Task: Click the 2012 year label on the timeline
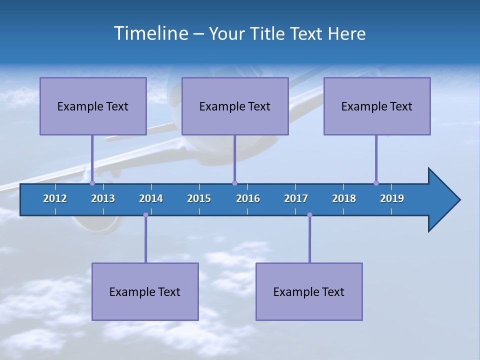[x=55, y=198]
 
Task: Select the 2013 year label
[x=103, y=198]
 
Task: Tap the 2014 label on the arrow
[x=151, y=198]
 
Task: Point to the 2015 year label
[x=199, y=198]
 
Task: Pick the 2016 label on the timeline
[x=248, y=198]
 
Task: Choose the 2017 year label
[x=296, y=198]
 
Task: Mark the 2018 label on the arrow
[x=344, y=198]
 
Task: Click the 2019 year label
[x=392, y=198]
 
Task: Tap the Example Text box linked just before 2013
[x=93, y=106]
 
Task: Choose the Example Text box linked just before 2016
[x=235, y=106]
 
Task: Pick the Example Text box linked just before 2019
[x=377, y=106]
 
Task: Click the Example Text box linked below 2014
[x=145, y=291]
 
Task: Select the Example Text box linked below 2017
[x=309, y=291]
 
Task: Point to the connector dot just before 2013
[x=92, y=183]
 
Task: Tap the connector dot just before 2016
[x=234, y=183]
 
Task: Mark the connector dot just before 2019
[x=376, y=183]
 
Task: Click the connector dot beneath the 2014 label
[x=145, y=215]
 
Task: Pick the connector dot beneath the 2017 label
[x=309, y=215]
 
